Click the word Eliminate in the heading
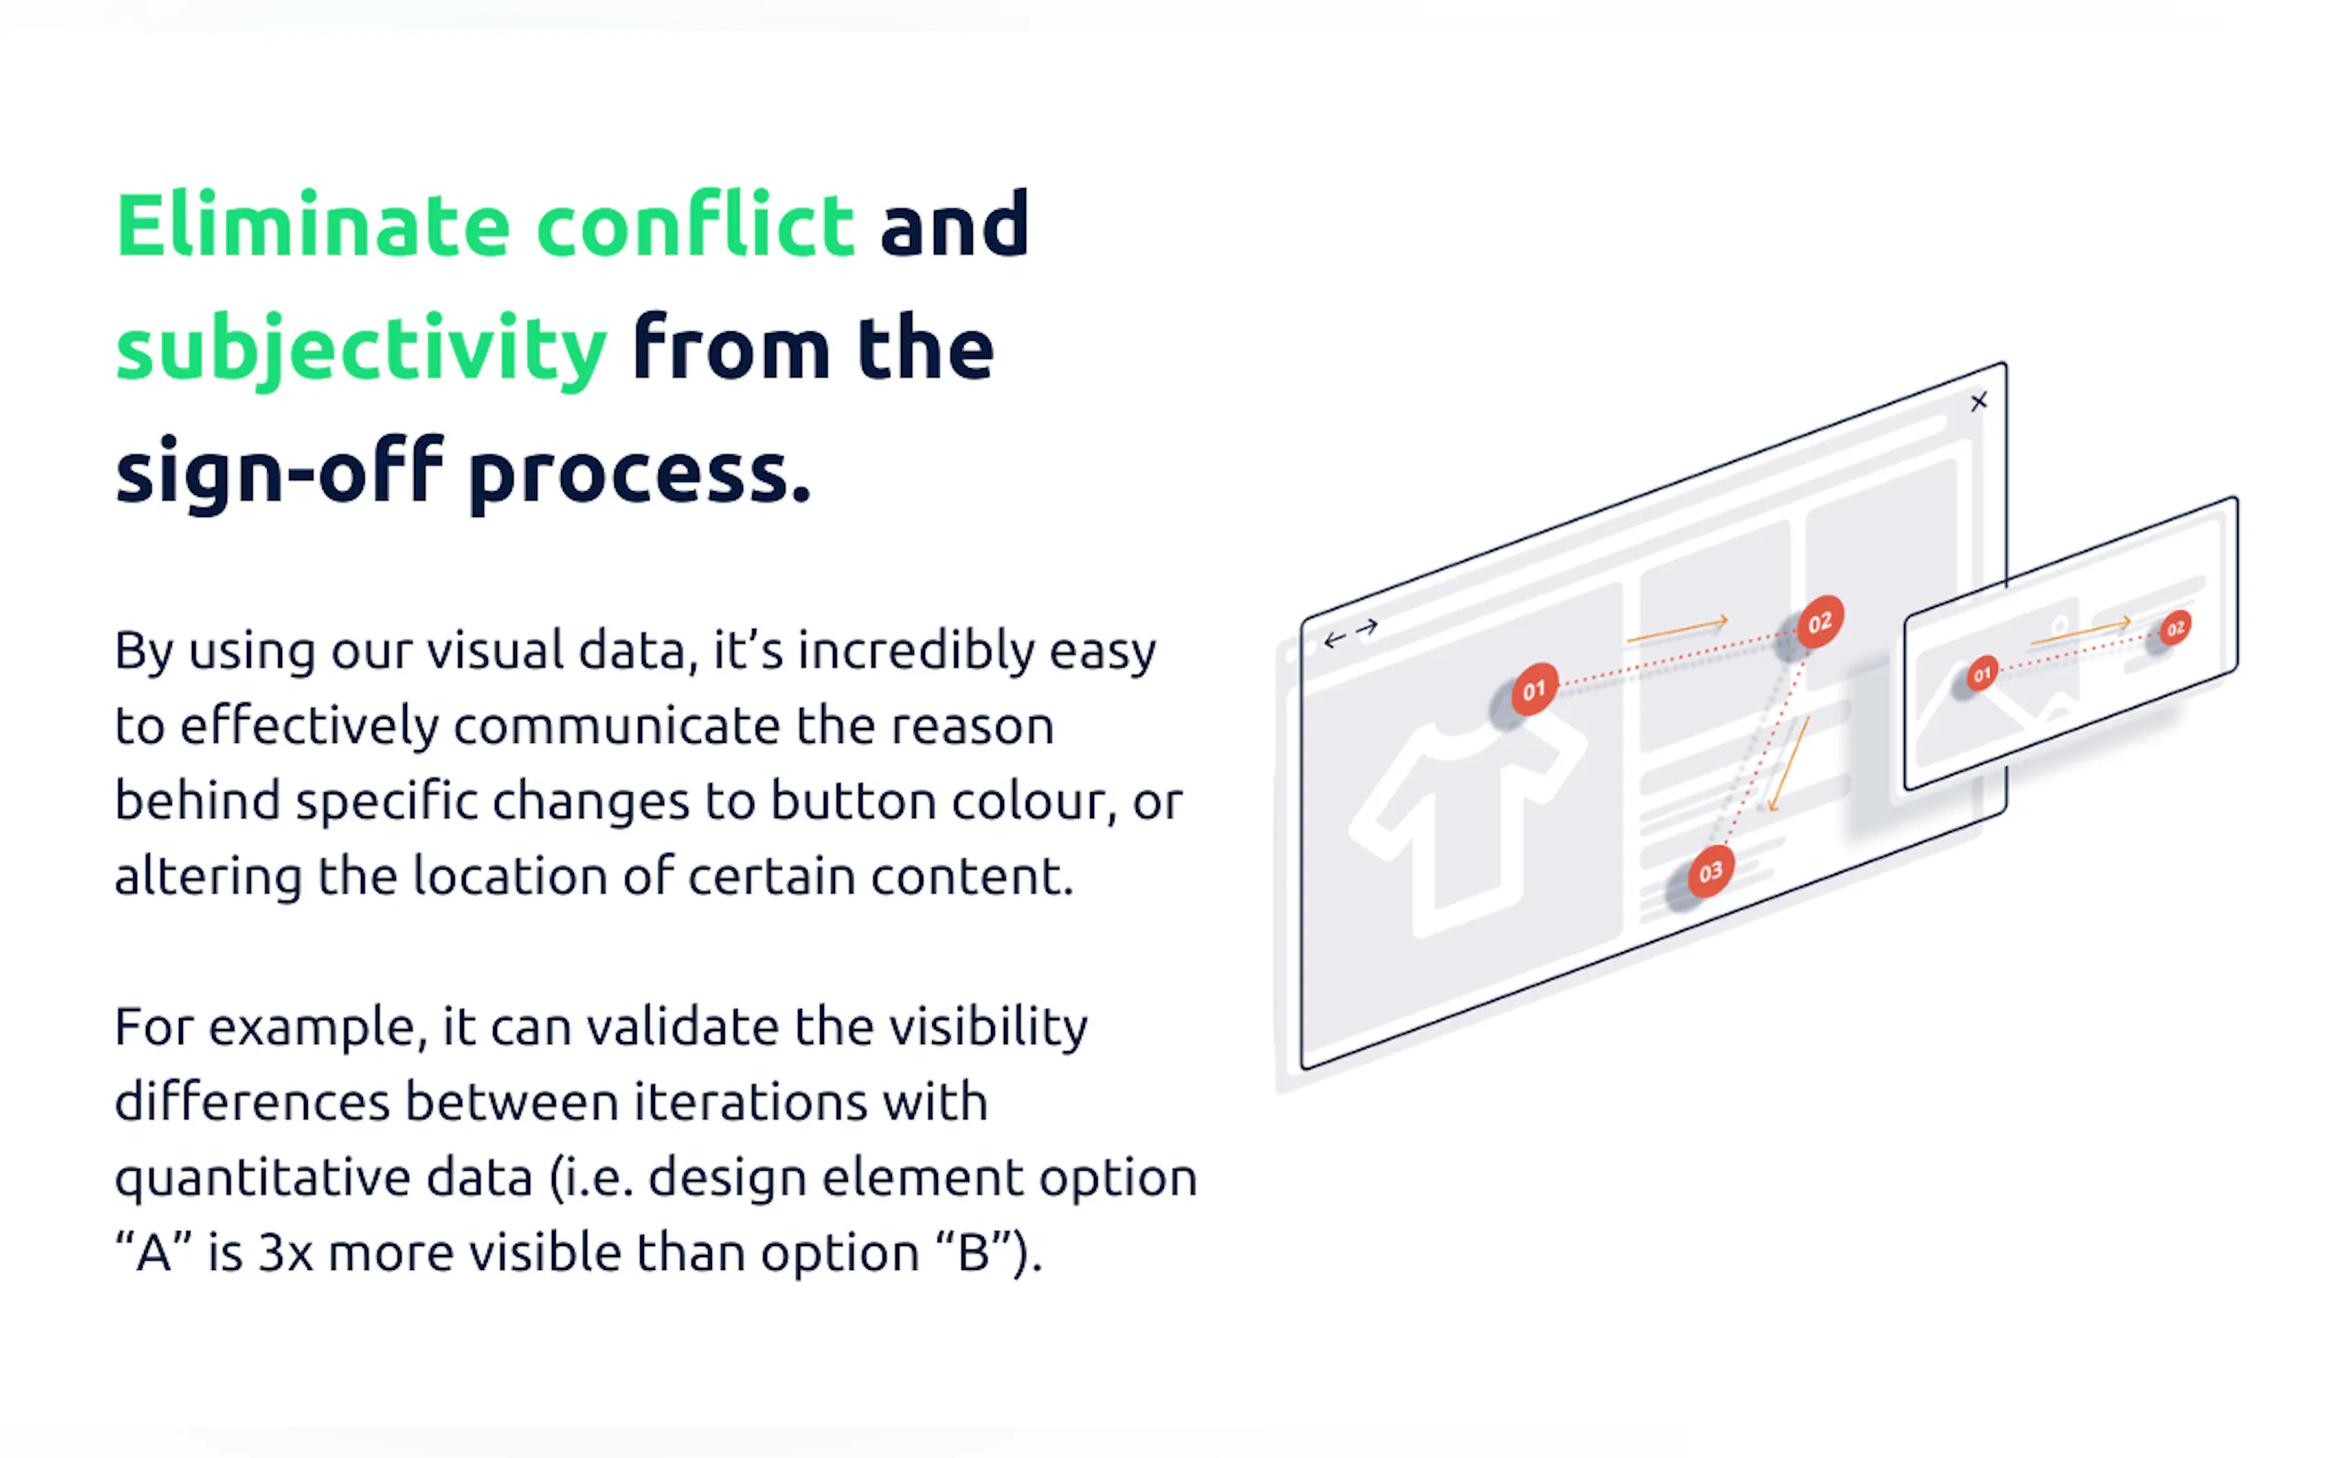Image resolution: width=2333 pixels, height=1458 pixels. [312, 226]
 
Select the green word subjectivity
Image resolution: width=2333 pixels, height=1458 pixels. [361, 351]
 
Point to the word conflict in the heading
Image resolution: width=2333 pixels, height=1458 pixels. [695, 225]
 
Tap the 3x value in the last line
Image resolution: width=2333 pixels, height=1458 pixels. [286, 1253]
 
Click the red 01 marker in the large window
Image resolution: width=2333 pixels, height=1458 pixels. [1534, 690]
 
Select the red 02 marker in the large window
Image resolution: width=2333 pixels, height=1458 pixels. [1820, 622]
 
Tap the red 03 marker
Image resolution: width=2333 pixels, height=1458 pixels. [1711, 871]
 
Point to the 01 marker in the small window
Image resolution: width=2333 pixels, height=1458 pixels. [1982, 674]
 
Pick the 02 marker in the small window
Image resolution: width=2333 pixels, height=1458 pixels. [2176, 629]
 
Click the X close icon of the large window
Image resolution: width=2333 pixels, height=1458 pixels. [1979, 401]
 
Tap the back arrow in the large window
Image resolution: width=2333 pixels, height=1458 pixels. [1335, 639]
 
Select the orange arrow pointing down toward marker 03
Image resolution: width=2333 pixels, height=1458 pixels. [1788, 765]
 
